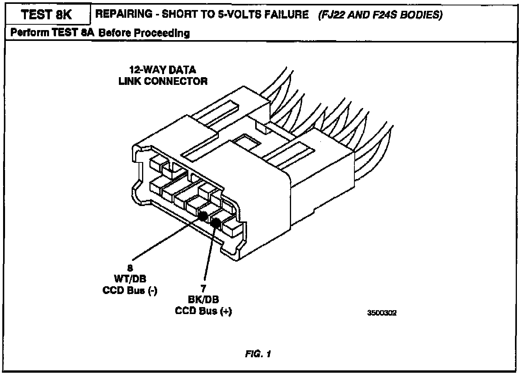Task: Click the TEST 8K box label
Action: pos(46,15)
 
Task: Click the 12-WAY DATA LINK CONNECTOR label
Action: pos(163,76)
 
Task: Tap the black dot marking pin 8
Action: pos(202,216)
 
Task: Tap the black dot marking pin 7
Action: pos(215,222)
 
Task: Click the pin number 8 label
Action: pos(130,268)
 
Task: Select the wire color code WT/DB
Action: pos(130,279)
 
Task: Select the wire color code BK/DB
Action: pos(203,300)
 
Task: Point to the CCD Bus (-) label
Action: pos(130,290)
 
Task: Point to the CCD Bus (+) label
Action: pos(203,311)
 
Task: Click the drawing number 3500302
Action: pos(382,313)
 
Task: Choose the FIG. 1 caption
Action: pos(258,353)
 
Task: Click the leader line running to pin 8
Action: pos(166,238)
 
